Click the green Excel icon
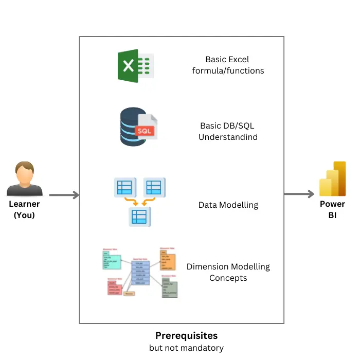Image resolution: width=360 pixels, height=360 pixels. tap(135, 66)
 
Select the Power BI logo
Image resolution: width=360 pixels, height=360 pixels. tap(332, 179)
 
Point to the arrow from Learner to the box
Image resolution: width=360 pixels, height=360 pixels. tap(64, 195)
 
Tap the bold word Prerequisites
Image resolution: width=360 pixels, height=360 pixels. tap(186, 336)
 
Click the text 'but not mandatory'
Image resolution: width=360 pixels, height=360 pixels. tap(186, 348)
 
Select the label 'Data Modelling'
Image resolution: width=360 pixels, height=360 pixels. tap(228, 205)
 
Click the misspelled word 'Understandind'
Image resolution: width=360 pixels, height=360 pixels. tap(228, 137)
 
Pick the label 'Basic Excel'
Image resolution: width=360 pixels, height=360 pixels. tap(227, 60)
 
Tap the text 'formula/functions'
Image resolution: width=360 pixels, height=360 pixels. tap(228, 71)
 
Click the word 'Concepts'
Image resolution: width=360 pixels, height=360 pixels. tap(228, 278)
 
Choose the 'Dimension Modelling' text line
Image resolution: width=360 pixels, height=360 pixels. tap(228, 266)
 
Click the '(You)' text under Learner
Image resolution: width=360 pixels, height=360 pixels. tap(24, 215)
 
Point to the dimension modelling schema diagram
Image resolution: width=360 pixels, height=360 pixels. tap(140, 273)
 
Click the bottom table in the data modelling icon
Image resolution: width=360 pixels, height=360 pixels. tap(139, 217)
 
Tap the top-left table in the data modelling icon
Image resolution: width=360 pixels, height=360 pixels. tap(124, 187)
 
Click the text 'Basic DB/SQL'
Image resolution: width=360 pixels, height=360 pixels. tap(227, 126)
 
